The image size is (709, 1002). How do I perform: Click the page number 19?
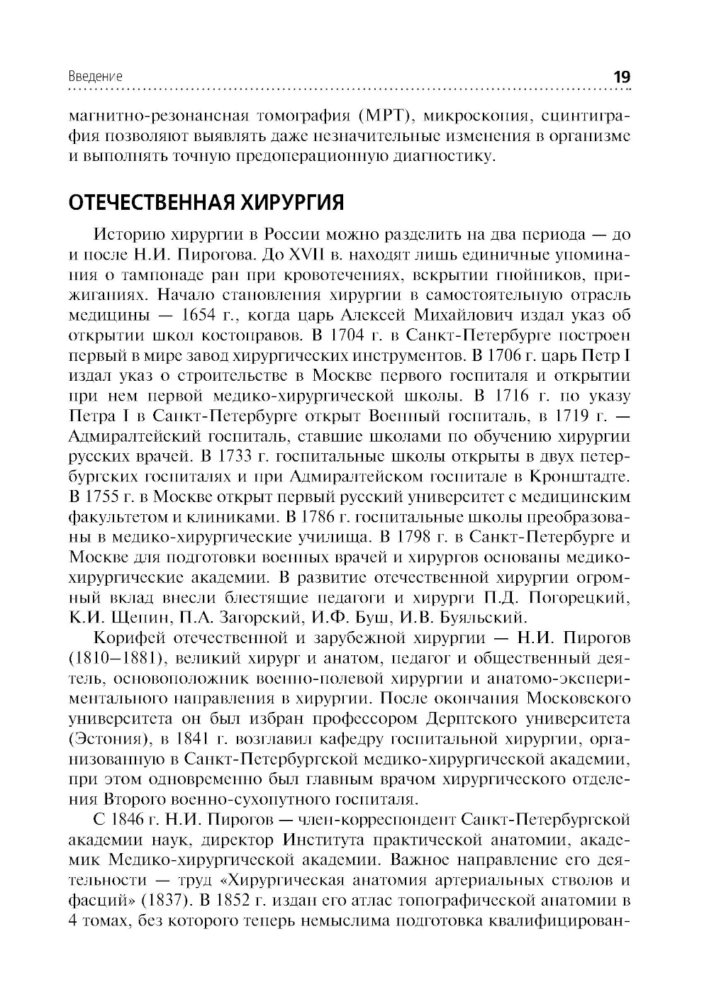[622, 77]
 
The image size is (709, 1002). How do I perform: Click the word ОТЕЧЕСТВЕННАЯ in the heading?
[151, 203]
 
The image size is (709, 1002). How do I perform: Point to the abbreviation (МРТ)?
[391, 116]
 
